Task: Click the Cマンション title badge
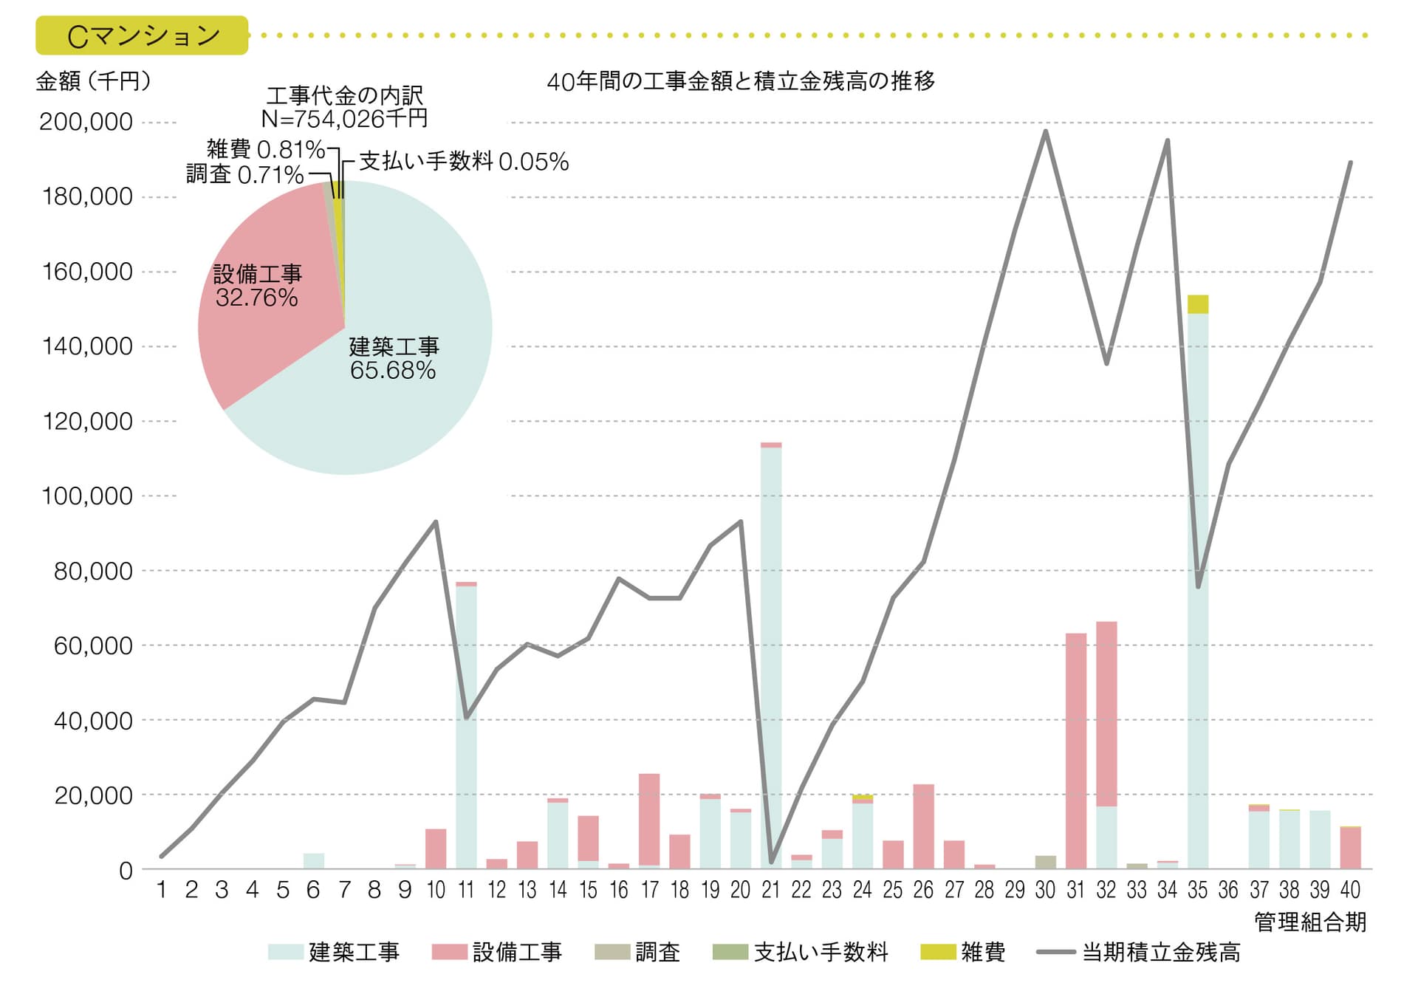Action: coord(142,35)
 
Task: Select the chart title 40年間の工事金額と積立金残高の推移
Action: coord(741,80)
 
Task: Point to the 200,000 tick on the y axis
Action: coord(86,122)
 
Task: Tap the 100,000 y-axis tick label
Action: coord(86,496)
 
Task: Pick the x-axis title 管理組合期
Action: coord(1309,922)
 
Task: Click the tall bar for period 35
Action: coord(1198,591)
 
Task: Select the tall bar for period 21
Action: coord(771,657)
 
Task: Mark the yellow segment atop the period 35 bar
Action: coord(1198,304)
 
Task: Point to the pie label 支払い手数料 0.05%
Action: coord(464,161)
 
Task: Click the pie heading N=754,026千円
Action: coord(344,118)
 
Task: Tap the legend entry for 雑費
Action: coord(963,952)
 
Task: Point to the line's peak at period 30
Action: coord(1046,131)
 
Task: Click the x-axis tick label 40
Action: coord(1350,890)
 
